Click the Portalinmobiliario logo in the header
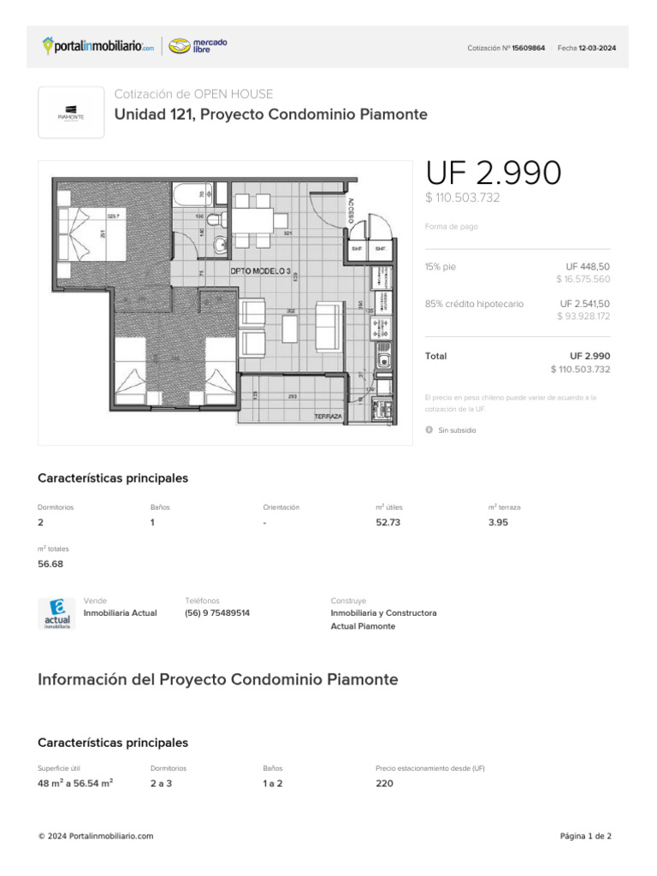click(x=98, y=46)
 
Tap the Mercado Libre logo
click(x=198, y=46)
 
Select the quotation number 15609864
click(x=528, y=48)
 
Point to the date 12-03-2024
click(x=596, y=48)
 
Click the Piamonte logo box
click(x=71, y=112)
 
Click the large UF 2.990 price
click(x=494, y=174)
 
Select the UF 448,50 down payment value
click(x=588, y=267)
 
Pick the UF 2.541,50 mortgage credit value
click(x=585, y=304)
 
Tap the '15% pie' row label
click(x=441, y=267)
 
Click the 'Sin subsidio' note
click(x=457, y=430)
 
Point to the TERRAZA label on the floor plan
click(x=328, y=417)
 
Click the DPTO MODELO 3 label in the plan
click(x=260, y=271)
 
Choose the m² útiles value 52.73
click(x=388, y=523)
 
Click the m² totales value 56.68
click(x=50, y=564)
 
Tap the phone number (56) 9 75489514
click(x=217, y=613)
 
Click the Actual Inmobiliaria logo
click(x=56, y=613)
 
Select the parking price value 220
click(x=384, y=783)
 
